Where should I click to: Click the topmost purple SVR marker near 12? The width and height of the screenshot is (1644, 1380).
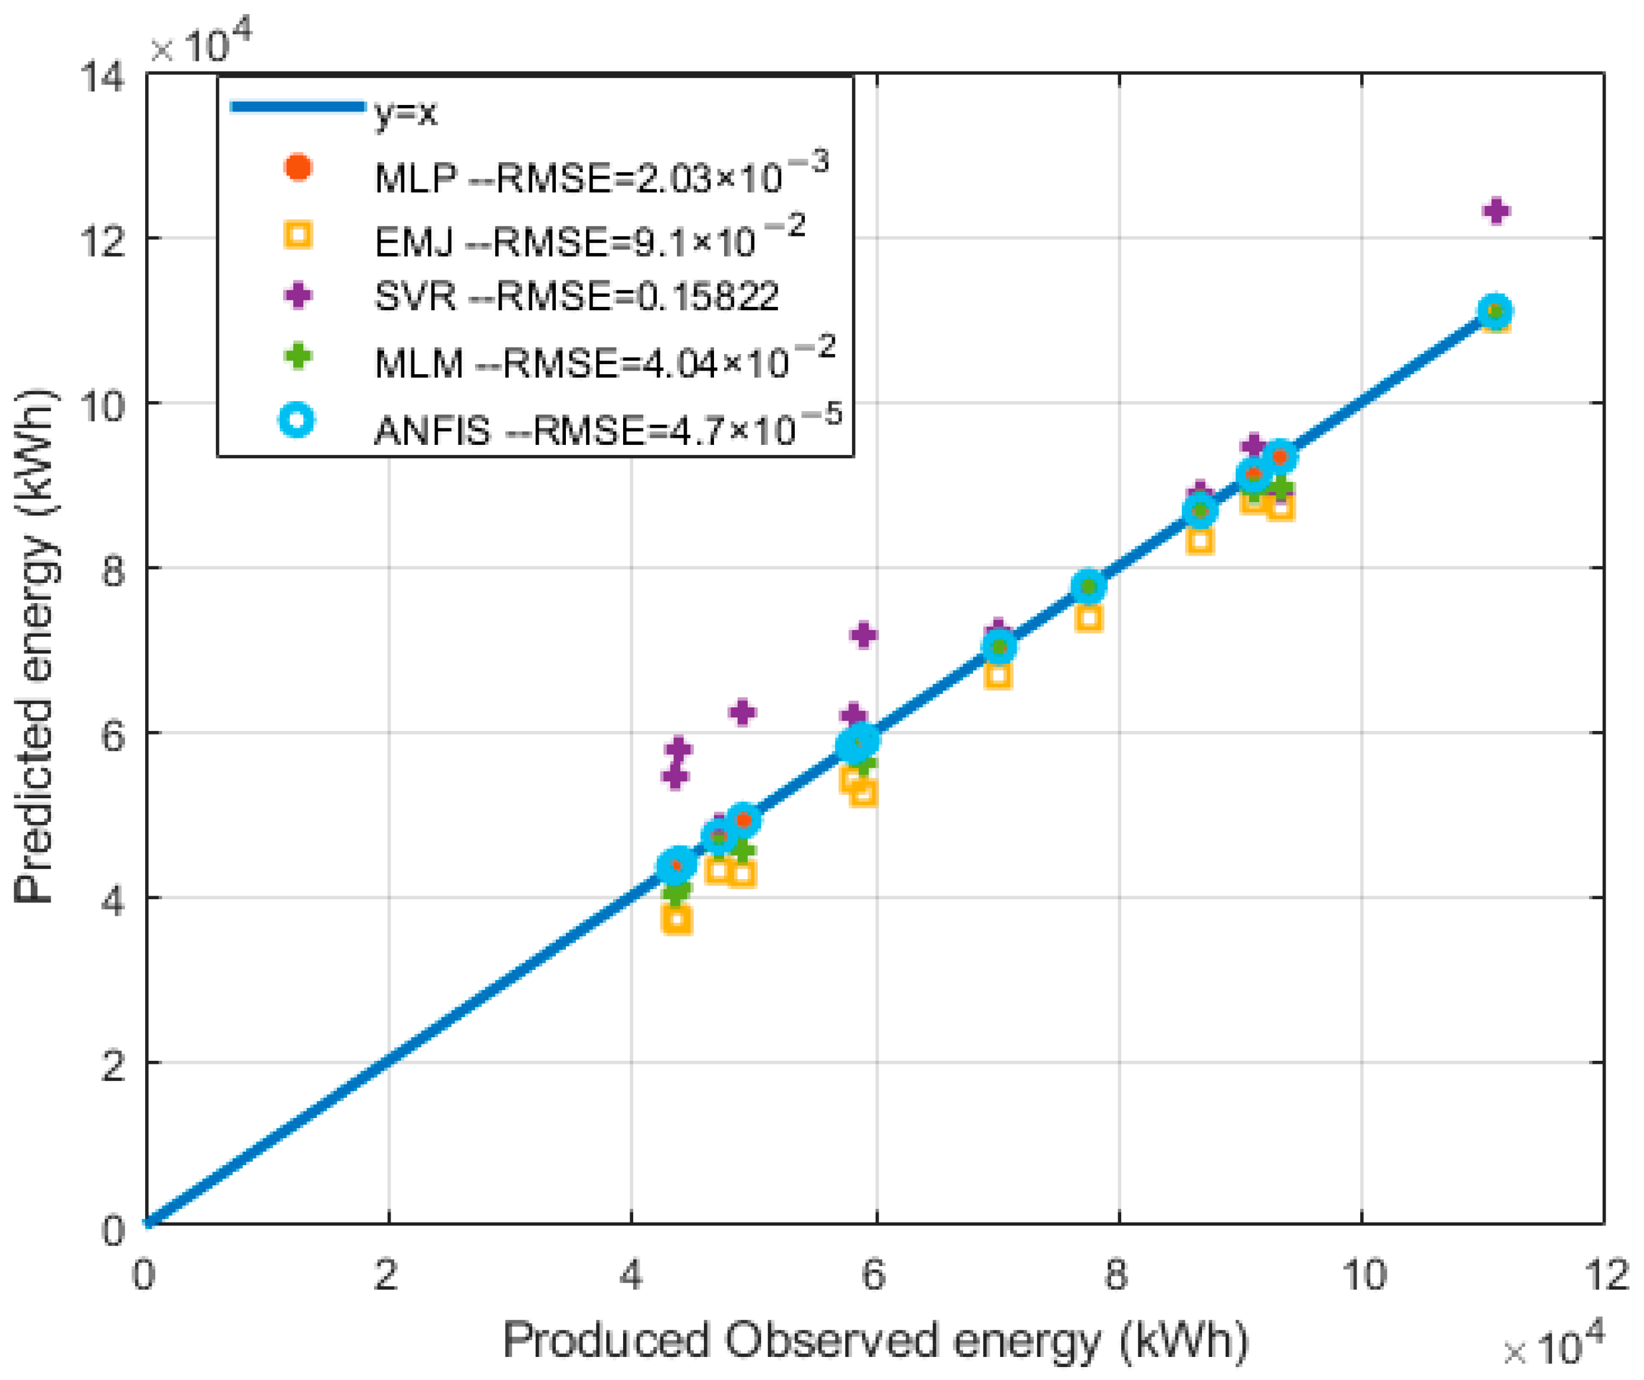click(1496, 211)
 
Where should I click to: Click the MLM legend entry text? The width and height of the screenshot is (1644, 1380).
click(604, 361)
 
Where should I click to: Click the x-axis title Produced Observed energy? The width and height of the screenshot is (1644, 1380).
click(875, 1339)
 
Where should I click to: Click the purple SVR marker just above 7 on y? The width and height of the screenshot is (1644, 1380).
click(863, 635)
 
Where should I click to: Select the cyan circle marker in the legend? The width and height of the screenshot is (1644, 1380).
click(297, 419)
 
